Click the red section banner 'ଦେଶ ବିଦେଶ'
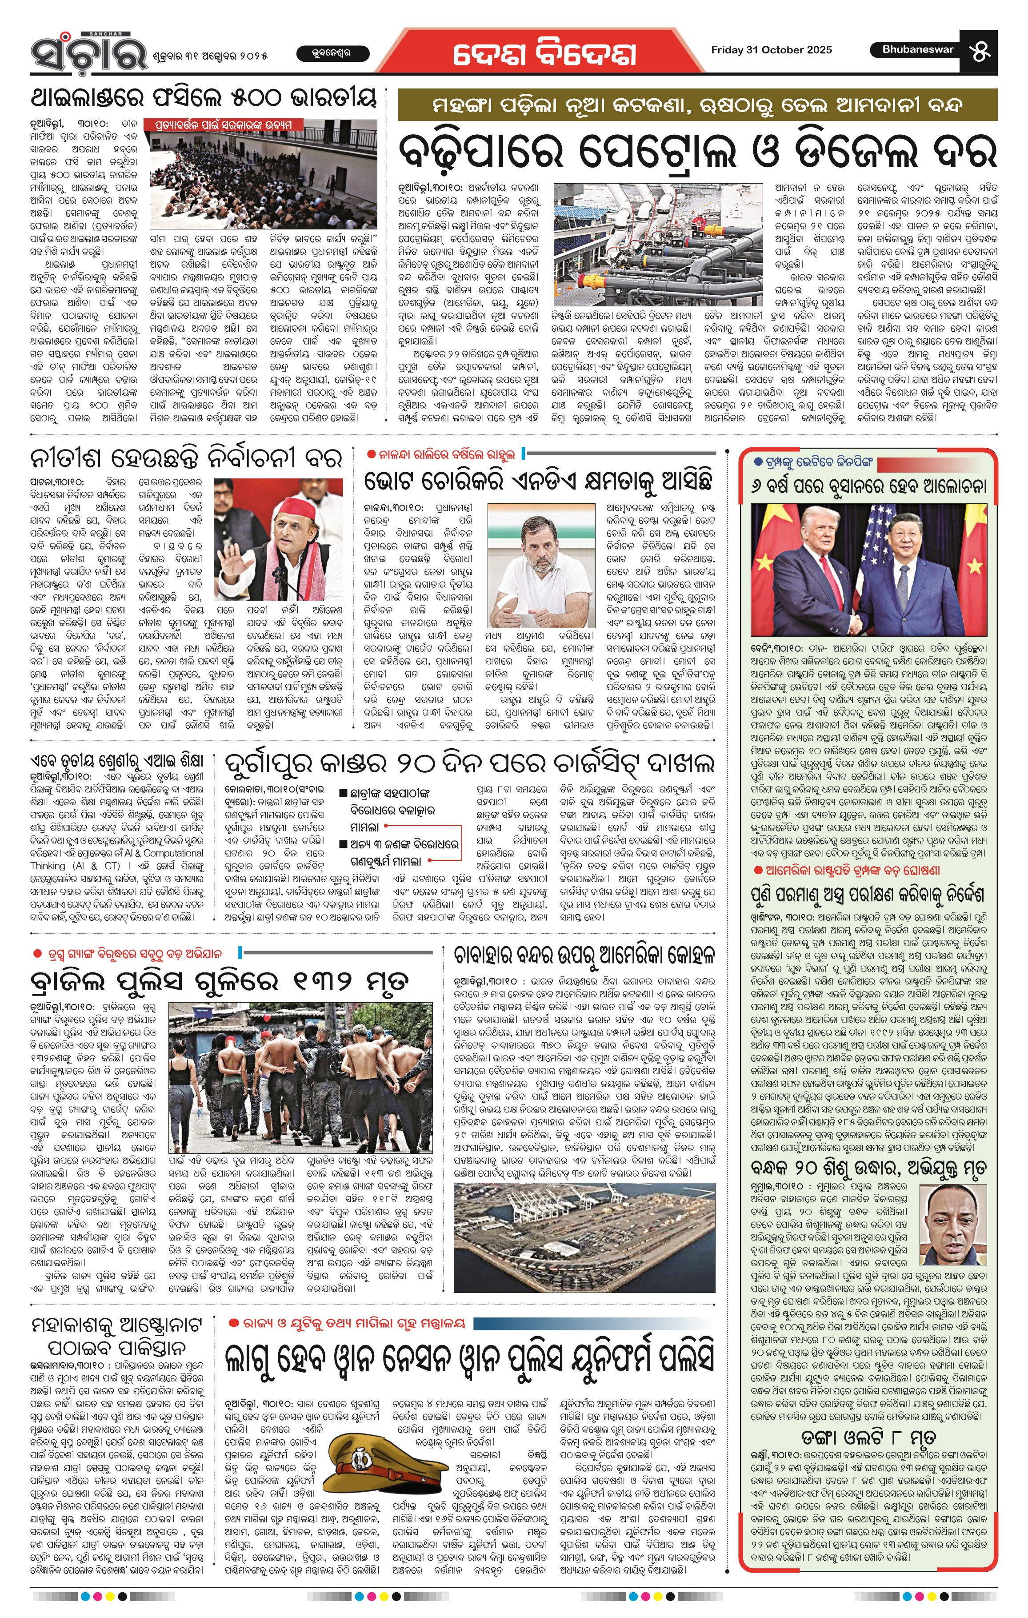[x=544, y=52]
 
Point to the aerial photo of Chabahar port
[x=584, y=1237]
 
